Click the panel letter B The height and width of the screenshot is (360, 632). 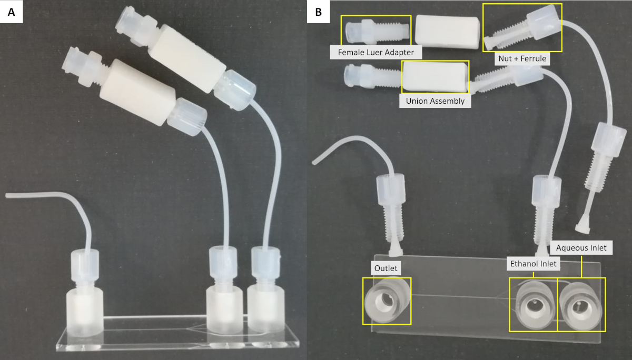pos(319,13)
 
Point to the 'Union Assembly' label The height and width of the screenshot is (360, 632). pos(435,101)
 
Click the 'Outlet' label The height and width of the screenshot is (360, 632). pos(386,268)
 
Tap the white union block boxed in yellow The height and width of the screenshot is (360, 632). pos(435,76)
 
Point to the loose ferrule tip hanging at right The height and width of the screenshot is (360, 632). pos(581,225)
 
